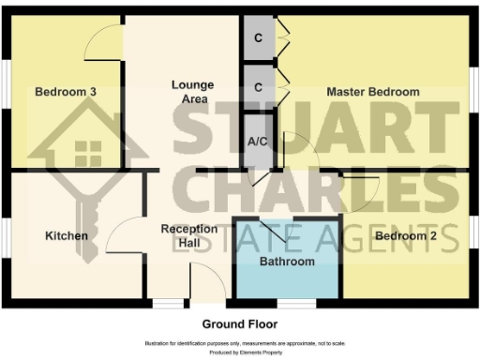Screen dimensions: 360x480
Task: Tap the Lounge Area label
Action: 192,91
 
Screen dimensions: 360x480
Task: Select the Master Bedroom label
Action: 372,92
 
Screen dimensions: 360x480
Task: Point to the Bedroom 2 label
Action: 406,236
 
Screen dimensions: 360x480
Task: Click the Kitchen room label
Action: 66,235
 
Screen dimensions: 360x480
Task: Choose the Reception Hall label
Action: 189,236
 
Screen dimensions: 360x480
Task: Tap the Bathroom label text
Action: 287,262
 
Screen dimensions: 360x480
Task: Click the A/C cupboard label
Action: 258,141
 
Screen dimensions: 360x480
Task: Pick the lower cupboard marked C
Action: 258,87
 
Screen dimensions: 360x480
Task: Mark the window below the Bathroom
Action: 296,304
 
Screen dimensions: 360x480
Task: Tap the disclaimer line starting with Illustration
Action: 239,343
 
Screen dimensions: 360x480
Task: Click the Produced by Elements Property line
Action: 239,352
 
